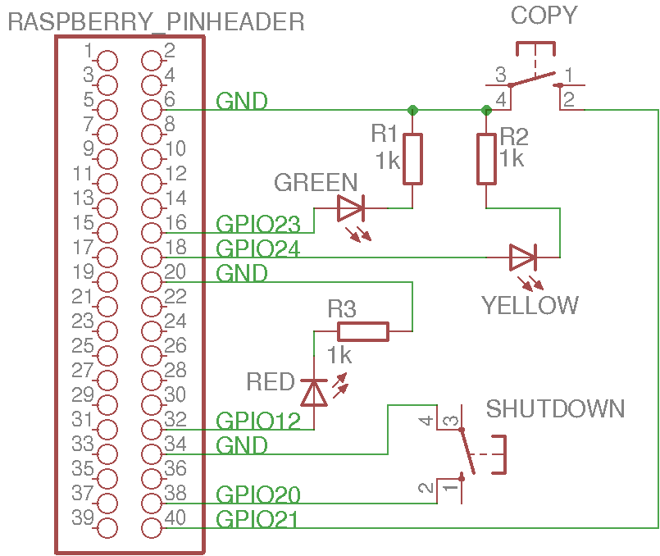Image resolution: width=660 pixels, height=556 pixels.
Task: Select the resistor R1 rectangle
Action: click(x=412, y=158)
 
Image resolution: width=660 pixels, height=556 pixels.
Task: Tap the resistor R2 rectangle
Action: click(x=486, y=158)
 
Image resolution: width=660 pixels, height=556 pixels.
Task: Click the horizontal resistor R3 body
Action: click(x=363, y=331)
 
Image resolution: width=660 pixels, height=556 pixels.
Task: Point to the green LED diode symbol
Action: click(x=350, y=208)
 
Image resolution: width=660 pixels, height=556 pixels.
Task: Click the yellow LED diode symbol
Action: click(x=522, y=257)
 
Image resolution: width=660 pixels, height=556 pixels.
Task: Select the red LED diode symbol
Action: click(x=313, y=393)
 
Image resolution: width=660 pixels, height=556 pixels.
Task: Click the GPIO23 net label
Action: click(x=257, y=223)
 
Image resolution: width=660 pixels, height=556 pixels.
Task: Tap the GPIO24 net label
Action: click(x=257, y=248)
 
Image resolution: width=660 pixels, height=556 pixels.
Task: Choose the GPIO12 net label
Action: click(x=257, y=421)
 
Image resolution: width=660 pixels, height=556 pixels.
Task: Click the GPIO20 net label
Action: click(x=257, y=494)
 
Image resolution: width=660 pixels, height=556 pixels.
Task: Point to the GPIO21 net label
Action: click(x=257, y=519)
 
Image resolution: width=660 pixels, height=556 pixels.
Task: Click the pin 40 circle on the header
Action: click(x=151, y=527)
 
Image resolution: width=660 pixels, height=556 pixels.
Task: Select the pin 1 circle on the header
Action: click(x=107, y=60)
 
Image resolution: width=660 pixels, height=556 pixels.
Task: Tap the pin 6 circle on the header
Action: click(x=151, y=109)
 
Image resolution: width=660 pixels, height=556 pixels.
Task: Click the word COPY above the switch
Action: click(x=544, y=16)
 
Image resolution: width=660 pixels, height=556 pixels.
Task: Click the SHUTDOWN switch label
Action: click(x=556, y=408)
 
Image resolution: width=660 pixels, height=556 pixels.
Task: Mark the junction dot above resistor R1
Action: click(x=412, y=110)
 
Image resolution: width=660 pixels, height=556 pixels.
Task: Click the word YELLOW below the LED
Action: click(x=530, y=305)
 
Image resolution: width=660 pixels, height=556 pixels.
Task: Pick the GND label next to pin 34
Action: click(x=242, y=445)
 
